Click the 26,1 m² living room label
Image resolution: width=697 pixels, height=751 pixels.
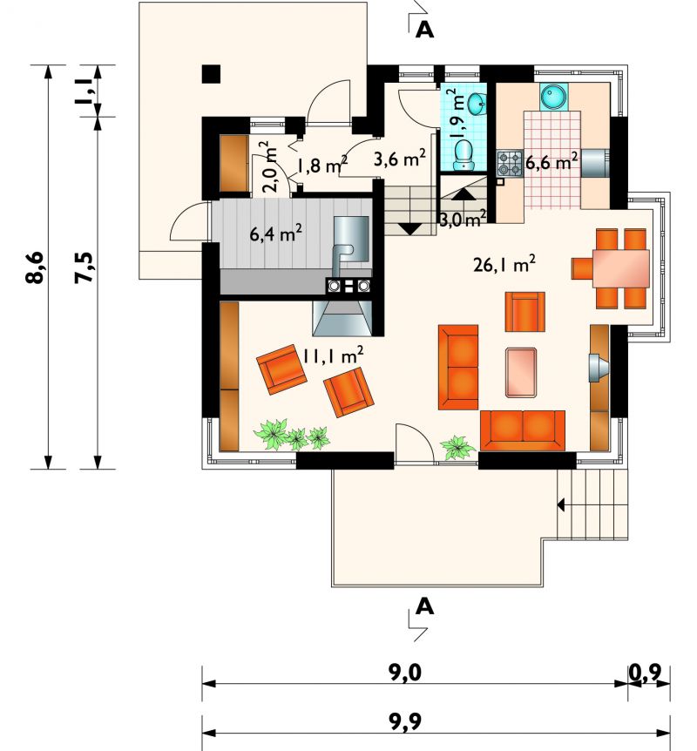pos(504,264)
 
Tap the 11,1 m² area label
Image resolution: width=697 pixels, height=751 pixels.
pos(333,355)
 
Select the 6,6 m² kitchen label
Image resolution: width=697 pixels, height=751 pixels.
pos(551,161)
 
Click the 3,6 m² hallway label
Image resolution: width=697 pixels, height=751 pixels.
pos(400,158)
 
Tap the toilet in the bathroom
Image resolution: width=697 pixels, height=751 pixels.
pos(463,154)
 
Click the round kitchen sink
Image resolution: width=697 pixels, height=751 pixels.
pos(554,96)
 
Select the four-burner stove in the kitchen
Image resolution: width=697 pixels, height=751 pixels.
pos(510,163)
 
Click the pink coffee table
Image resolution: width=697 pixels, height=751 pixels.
pos(521,372)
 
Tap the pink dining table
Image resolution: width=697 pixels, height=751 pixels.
pos(621,268)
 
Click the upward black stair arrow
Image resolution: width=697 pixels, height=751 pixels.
pos(463,194)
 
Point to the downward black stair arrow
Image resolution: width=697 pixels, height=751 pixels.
pos(409,228)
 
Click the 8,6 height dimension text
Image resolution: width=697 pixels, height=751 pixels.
pos(36,267)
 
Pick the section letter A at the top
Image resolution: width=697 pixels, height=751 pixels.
pos(425,30)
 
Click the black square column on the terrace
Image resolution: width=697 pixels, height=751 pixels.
pos(211,74)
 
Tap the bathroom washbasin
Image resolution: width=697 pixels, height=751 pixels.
pos(477,104)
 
